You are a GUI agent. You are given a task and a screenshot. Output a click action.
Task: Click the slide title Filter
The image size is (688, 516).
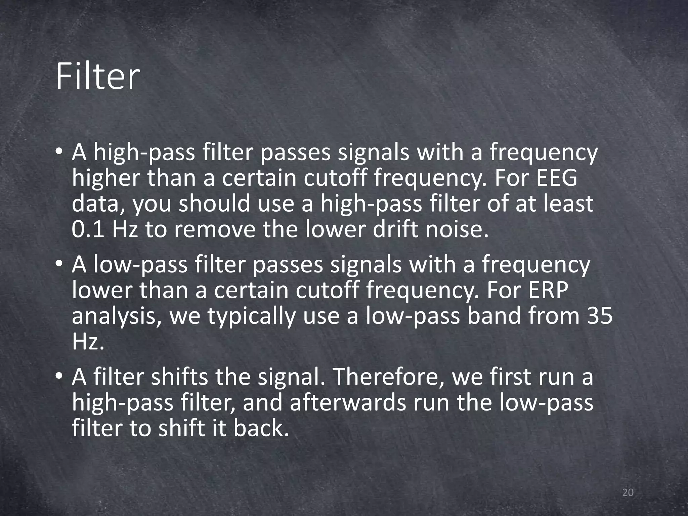[x=98, y=78]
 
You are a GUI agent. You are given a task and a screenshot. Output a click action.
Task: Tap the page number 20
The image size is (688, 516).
[x=628, y=492]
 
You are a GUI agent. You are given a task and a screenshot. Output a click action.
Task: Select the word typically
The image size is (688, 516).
[x=252, y=317]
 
